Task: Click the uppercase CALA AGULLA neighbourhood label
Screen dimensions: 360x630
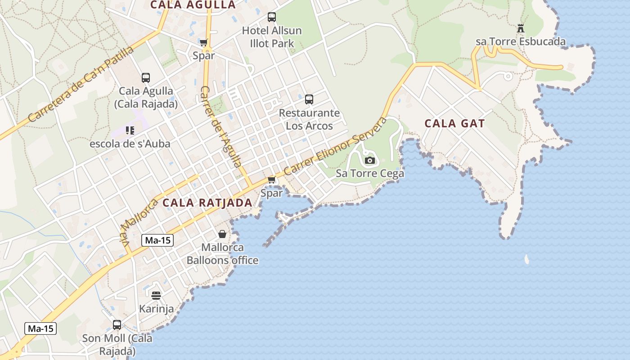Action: pos(193,5)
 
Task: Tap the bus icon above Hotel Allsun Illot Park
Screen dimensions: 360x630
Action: pos(272,17)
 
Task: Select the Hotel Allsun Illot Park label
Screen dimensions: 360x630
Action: pos(272,37)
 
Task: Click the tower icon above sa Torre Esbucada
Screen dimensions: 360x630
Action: pos(521,28)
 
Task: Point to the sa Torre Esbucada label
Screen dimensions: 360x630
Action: pos(521,42)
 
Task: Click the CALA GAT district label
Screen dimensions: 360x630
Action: pos(454,124)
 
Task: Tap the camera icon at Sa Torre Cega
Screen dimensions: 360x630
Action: pos(370,161)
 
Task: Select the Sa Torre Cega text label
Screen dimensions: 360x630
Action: pos(370,173)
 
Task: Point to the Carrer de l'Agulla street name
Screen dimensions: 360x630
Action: pos(220,127)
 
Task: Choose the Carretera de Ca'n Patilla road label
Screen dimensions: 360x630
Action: pos(81,84)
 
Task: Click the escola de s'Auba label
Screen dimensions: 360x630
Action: pos(130,144)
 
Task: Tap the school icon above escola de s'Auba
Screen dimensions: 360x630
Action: pos(130,130)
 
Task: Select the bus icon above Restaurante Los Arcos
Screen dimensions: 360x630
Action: pos(309,99)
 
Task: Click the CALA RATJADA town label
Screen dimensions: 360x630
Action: pos(207,203)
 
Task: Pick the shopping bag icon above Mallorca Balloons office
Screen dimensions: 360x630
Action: pos(222,234)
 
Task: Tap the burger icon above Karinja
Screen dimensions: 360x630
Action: pos(156,296)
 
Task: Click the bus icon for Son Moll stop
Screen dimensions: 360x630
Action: pos(117,324)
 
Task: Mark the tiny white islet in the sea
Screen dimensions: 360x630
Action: pos(526,259)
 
